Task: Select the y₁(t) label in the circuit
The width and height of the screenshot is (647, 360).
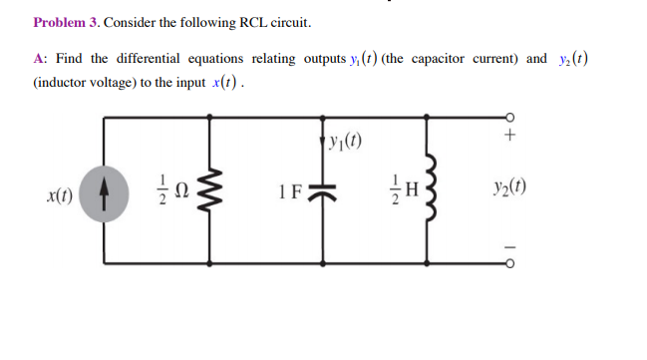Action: coord(348,138)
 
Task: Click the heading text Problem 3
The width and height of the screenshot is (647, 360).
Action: coord(66,22)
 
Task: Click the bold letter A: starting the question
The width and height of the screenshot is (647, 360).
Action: coord(39,59)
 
